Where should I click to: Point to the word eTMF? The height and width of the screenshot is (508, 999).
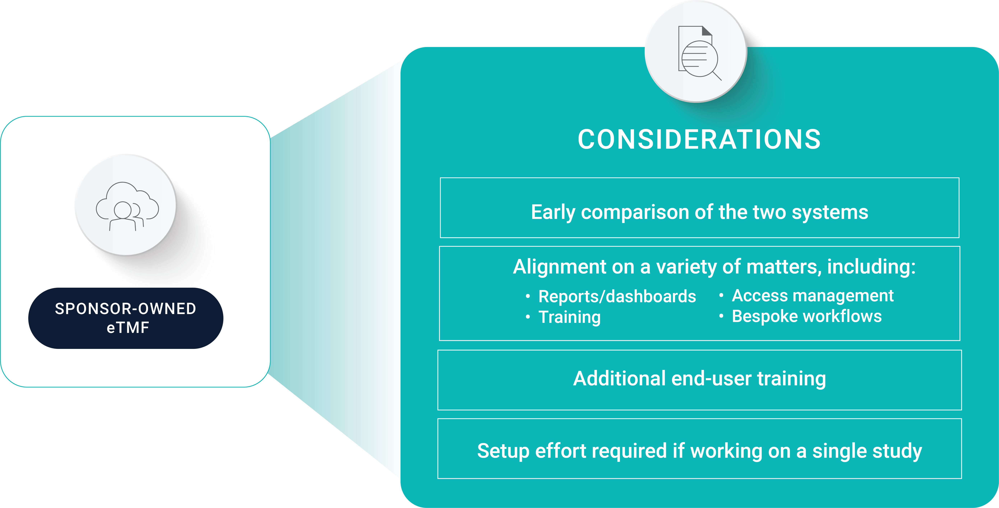[x=128, y=328]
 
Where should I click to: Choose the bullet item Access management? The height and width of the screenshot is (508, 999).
[x=812, y=296]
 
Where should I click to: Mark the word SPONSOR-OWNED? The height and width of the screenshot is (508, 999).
[x=126, y=309]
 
